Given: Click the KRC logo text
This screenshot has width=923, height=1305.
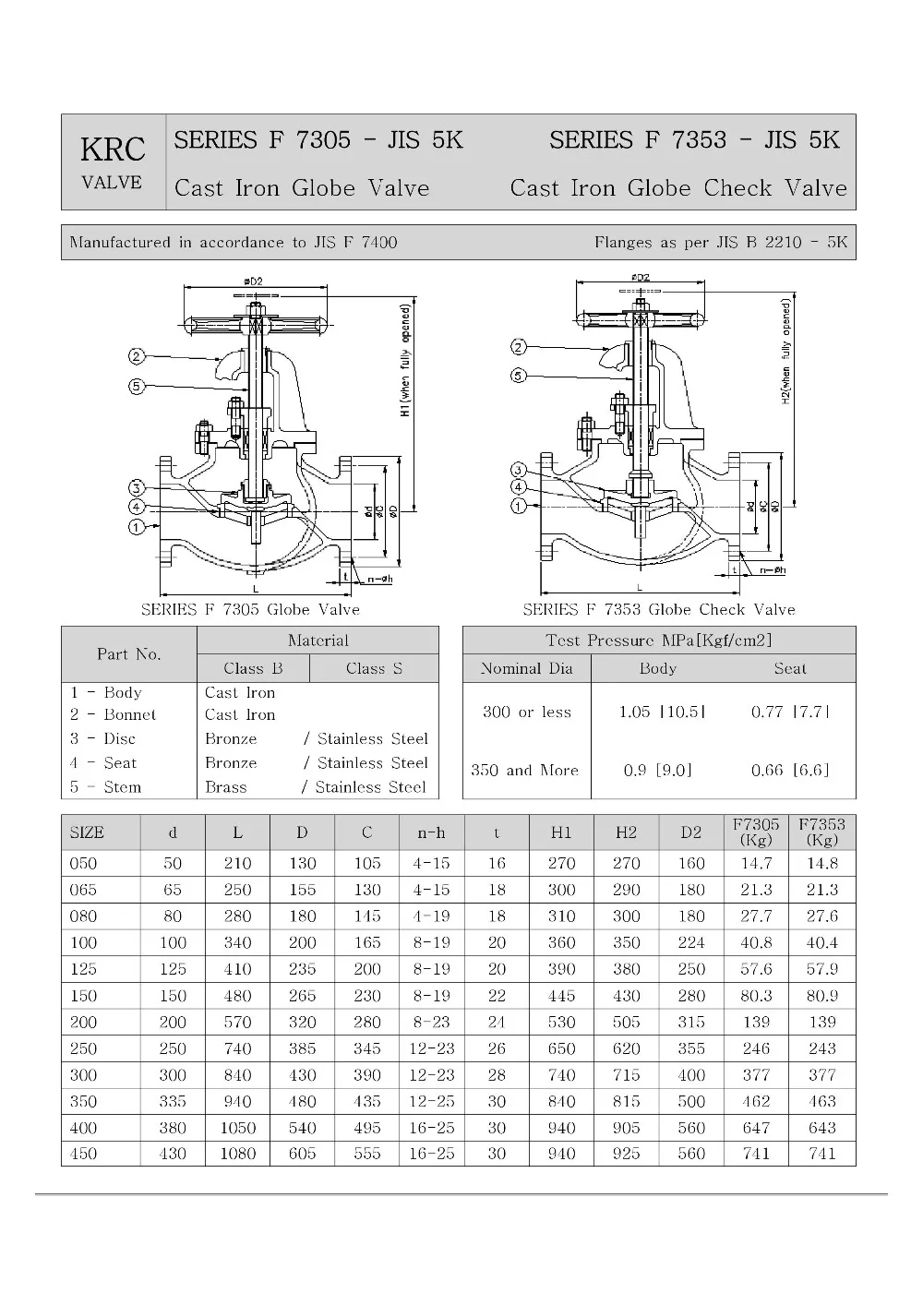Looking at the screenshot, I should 113,150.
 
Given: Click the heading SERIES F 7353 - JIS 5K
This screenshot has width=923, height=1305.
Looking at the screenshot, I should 694,140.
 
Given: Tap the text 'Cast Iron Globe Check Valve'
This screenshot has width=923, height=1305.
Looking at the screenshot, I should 678,188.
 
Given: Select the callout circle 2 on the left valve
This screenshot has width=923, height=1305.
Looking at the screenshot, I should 136,357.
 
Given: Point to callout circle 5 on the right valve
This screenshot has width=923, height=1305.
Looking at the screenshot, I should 519,376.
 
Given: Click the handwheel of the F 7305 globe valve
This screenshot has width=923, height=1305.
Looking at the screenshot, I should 255,325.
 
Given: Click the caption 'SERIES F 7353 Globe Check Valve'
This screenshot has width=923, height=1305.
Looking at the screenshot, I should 658,609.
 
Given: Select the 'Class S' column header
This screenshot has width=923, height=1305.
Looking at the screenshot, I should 374,668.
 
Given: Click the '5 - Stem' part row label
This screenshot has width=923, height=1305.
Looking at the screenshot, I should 106,787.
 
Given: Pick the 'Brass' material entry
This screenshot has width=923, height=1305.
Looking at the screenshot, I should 226,787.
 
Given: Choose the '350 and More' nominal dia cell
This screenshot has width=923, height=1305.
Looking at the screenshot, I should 524,770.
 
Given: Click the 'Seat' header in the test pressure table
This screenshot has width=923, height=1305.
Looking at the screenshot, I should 790,668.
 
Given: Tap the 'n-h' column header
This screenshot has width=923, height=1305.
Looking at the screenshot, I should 431,832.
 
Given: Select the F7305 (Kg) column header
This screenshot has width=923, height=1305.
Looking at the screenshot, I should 756,832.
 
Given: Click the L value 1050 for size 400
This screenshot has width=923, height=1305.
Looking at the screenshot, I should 237,1128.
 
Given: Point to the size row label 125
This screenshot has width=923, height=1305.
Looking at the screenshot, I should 83,969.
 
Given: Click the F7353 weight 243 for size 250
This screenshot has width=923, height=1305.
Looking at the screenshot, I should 821,1048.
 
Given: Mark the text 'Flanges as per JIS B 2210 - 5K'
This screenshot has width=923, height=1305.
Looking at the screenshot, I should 720,243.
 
